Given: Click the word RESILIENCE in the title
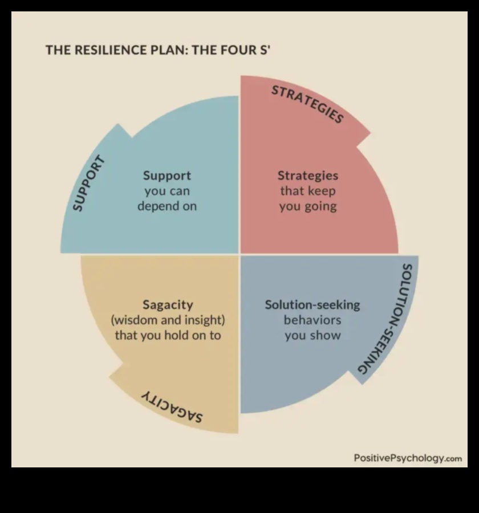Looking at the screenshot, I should tap(106, 50).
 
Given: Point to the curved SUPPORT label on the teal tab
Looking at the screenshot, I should tap(90, 183).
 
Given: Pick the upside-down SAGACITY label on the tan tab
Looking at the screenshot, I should tap(172, 406).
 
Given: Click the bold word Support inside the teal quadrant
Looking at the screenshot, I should tap(167, 176).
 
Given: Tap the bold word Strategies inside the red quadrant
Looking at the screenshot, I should tap(307, 176).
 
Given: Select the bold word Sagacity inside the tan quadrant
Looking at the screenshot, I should tap(167, 305).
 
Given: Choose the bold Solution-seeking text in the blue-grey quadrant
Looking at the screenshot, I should tap(312, 305).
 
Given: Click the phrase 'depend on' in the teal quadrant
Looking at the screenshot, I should tap(167, 206).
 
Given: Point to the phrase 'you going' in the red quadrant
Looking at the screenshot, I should tap(307, 206).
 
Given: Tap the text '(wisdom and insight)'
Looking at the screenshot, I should tap(167, 320).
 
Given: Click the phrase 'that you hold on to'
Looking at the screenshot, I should tap(167, 335).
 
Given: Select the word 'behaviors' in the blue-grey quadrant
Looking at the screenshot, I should tap(312, 320).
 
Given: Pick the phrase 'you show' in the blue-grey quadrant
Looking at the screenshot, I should tap(312, 335).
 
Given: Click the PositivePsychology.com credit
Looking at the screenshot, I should tap(407, 458).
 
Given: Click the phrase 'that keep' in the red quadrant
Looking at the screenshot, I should tap(307, 191).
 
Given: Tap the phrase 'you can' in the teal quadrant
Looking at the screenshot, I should tap(167, 191).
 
